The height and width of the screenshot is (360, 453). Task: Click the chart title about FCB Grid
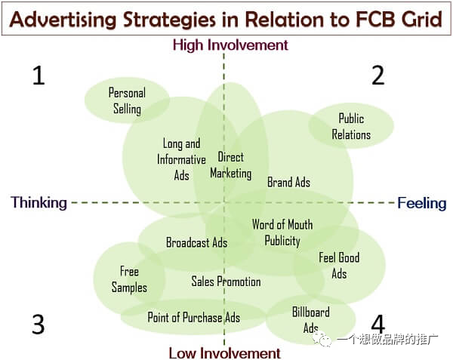225,17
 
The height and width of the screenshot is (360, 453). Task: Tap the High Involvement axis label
230,45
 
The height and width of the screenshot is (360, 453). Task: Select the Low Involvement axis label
224,352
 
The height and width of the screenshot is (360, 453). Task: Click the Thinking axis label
39,202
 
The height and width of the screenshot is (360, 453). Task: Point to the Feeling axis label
422,202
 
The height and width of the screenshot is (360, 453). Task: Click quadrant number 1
39,75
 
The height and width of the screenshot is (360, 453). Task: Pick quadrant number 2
378,75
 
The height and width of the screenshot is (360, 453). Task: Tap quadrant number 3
39,325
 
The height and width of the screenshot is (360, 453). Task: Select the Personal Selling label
127,100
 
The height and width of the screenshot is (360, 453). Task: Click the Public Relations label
351,126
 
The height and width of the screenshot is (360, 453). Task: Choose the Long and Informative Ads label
181,159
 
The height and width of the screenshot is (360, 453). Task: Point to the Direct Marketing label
230,165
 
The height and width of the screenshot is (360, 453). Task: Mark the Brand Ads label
288,182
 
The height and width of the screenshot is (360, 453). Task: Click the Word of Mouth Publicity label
282,232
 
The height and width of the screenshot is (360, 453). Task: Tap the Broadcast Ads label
196,242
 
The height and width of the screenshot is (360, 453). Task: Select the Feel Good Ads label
339,265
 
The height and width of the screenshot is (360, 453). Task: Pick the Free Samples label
129,279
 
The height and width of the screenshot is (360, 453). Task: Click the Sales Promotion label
226,282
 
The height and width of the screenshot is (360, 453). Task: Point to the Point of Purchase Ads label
193,317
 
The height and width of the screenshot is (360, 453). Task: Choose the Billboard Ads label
311,319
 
